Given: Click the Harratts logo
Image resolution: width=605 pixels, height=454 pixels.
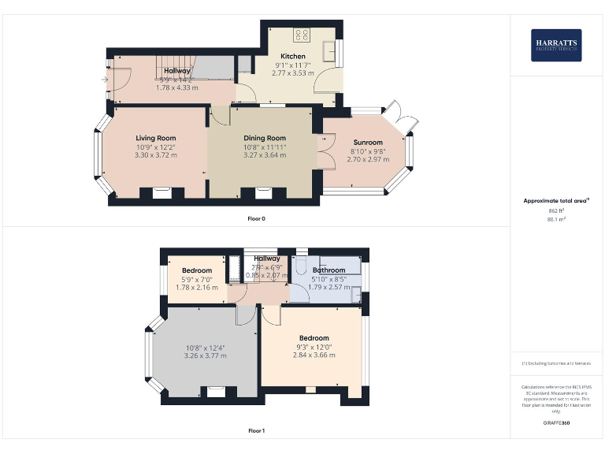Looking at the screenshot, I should tap(557, 45).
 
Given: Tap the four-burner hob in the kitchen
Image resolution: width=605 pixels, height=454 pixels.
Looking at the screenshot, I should tap(302, 35).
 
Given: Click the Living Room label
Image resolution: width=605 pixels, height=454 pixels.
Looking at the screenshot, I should tap(155, 138).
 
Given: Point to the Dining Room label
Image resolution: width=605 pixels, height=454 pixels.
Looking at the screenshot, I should tap(264, 138).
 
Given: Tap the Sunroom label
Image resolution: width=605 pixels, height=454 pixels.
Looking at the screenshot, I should tap(367, 143).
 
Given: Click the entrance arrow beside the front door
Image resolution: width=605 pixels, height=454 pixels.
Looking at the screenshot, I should tap(105, 78).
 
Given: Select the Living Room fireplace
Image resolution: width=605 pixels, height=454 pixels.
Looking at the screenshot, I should tap(161, 192).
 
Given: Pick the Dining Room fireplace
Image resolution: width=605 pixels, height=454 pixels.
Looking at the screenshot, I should tap(264, 192).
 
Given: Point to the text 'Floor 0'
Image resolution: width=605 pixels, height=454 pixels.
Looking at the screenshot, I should tap(256, 218).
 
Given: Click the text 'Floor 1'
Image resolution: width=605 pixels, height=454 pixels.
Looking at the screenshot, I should tap(256, 431).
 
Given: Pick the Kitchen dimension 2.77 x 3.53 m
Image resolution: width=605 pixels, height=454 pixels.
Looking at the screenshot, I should tap(292, 73).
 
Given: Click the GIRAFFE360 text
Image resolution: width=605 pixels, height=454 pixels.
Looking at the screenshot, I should tap(556, 423).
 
